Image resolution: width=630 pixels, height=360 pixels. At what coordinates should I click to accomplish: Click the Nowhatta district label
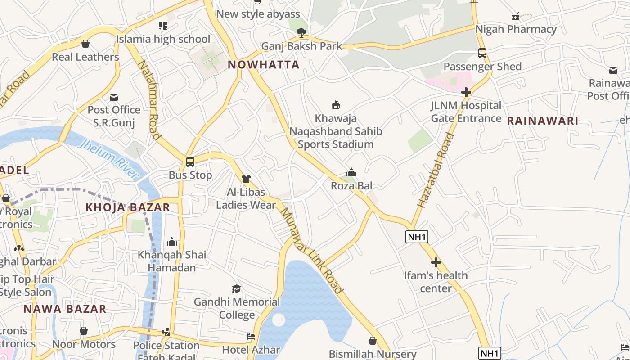[263, 65]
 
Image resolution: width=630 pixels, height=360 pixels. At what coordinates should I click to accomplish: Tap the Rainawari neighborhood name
[542, 121]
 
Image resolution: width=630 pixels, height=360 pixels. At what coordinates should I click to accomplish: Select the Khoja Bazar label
[128, 207]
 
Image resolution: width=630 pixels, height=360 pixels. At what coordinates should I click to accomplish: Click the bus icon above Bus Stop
[190, 162]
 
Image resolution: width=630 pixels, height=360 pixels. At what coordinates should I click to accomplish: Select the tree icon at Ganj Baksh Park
[301, 32]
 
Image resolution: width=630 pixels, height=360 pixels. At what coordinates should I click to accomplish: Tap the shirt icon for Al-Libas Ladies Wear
[246, 179]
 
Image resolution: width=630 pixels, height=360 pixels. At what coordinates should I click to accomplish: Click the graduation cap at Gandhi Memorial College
[236, 288]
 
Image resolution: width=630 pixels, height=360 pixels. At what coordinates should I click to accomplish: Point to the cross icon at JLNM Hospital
[466, 93]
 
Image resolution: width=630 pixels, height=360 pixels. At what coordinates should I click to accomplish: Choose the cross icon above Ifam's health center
[436, 262]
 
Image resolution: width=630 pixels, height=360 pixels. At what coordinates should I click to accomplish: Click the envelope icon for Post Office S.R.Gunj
[114, 97]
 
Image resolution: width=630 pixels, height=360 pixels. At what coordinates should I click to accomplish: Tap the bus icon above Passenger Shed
[482, 54]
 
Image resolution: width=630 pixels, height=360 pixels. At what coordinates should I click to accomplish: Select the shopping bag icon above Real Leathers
[85, 44]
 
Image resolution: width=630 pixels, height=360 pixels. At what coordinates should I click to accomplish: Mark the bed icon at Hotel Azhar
[251, 337]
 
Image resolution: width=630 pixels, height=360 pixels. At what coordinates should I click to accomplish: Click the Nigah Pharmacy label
[516, 30]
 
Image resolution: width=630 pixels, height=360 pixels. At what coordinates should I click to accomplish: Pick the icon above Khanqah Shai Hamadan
[172, 242]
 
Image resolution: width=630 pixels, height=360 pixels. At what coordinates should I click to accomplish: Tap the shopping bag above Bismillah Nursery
[373, 341]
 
